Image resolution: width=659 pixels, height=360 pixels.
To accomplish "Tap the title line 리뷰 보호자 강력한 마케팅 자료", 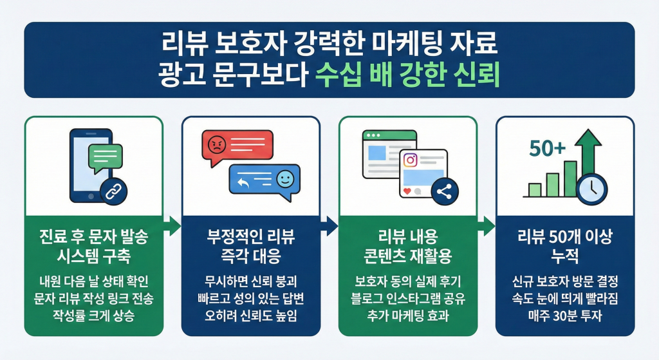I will [x=329, y=46].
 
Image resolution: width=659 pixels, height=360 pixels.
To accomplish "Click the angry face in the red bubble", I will [x=216, y=144].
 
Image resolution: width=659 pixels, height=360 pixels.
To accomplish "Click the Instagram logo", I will [x=410, y=160].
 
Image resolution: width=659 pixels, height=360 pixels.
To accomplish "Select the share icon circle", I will [x=444, y=191].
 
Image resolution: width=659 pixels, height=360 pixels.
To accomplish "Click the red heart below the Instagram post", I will [x=406, y=191].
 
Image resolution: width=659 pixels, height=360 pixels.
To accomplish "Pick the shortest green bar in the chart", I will [x=535, y=189].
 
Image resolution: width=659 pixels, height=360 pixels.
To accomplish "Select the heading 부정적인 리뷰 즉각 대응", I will [x=250, y=246].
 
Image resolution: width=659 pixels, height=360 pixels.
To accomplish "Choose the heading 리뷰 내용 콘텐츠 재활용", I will [x=407, y=246].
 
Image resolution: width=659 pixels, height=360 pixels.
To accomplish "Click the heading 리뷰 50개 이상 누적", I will [x=564, y=246].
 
